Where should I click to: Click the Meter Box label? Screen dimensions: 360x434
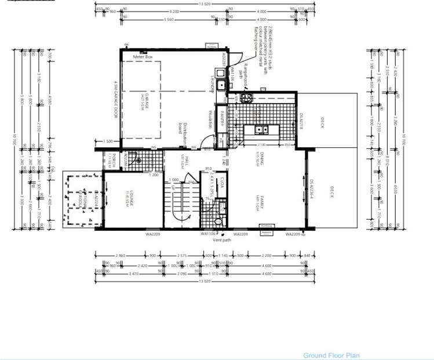[142, 57]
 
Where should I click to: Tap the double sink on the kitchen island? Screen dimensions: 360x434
[261, 130]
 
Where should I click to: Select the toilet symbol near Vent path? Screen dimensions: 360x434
[218, 221]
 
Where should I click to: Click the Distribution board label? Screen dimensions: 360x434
[184, 133]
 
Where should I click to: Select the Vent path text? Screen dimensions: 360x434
[222, 239]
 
